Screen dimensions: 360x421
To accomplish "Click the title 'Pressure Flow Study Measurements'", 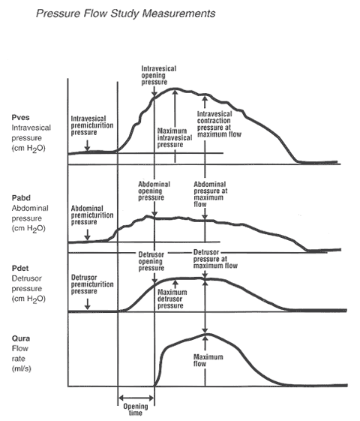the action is [125, 14].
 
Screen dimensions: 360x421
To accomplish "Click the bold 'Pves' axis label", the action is [21, 117].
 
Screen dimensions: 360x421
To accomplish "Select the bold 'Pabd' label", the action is [21, 198].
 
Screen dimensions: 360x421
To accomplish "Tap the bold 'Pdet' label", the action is [20, 268].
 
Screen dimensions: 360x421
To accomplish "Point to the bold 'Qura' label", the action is [21, 338].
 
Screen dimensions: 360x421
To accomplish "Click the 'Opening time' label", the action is [136, 410].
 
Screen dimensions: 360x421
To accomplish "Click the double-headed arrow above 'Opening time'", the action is [136, 398].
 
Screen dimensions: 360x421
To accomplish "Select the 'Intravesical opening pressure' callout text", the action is [159, 75].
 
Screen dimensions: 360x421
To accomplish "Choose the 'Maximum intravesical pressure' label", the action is [175, 138].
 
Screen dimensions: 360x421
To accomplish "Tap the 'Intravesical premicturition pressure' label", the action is [92, 125].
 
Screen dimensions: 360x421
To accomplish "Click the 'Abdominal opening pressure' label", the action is [154, 191].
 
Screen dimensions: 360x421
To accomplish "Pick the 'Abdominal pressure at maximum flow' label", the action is [211, 194].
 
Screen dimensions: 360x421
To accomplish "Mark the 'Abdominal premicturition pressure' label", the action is [92, 215].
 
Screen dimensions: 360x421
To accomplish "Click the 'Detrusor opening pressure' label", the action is [151, 261].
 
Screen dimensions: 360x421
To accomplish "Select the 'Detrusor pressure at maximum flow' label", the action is [215, 259].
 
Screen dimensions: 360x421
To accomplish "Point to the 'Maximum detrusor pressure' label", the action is [172, 299].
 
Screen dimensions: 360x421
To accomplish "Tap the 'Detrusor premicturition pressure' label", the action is [92, 284].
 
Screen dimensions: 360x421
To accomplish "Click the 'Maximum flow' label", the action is [208, 360].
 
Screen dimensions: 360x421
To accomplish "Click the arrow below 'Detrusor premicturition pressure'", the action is [87, 304].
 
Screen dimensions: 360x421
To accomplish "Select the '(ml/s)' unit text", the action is [21, 368].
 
